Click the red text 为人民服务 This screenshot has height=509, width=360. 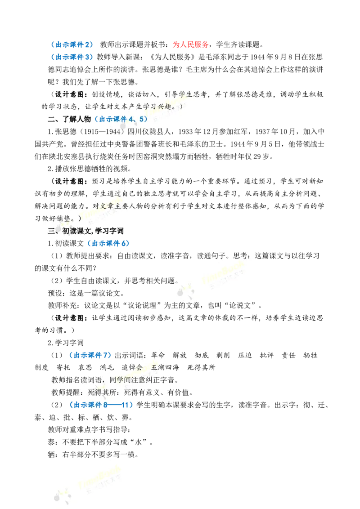190,45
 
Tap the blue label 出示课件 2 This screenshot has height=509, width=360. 72,45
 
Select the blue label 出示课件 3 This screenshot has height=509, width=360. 72,57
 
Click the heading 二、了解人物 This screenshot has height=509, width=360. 69,119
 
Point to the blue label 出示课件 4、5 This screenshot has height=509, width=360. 121,119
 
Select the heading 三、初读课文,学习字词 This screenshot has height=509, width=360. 85,231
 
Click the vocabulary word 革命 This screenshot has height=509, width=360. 158,355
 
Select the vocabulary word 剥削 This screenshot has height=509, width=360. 223,355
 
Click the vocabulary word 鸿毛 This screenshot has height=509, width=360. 107,367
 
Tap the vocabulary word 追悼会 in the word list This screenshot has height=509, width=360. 132,367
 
